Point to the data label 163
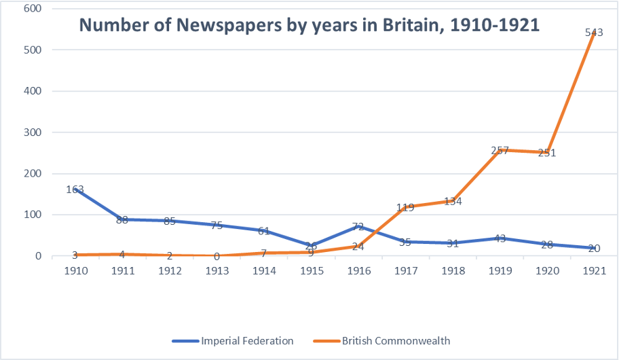pos(75,189)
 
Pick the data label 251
pos(546,153)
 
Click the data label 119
pos(405,207)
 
